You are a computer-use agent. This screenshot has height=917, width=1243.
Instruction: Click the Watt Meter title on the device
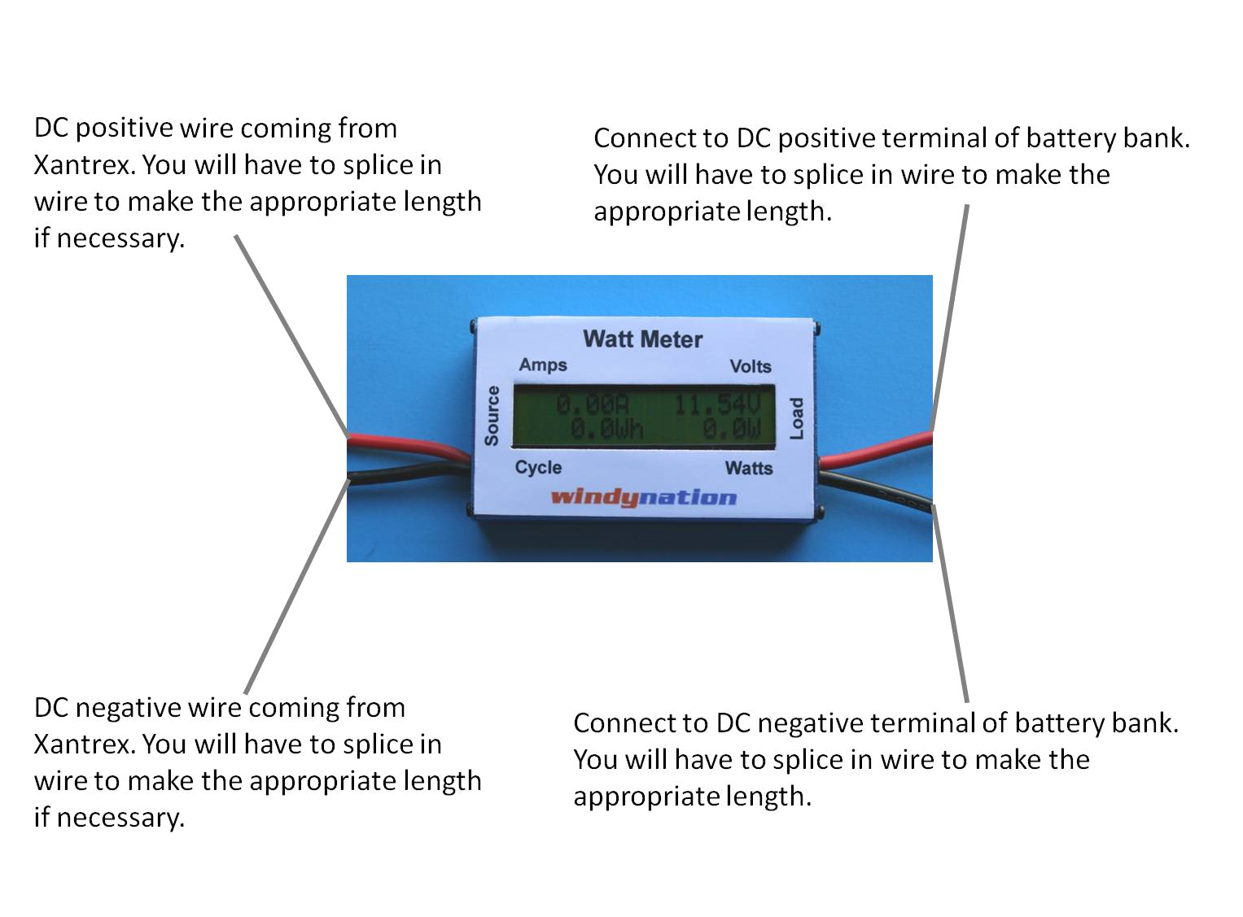pos(642,339)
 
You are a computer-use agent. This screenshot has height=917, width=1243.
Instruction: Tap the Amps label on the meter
pos(543,365)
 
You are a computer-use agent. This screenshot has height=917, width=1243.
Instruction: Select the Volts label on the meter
pos(750,366)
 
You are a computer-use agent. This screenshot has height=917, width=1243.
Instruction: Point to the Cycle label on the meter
pos(538,467)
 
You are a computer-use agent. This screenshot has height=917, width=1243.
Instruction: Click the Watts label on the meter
pos(749,468)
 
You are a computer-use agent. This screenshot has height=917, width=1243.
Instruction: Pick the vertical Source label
pos(492,416)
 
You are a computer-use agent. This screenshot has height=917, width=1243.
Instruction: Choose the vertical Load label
pos(797,418)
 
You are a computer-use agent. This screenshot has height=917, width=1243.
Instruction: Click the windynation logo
pos(643,496)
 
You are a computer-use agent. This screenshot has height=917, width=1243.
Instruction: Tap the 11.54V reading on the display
pos(716,404)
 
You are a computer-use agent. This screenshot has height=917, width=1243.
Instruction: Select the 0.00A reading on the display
pos(592,404)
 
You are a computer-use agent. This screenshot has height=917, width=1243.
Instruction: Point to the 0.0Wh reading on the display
pos(606,429)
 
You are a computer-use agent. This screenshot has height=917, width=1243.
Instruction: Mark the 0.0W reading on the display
pos(731,429)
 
